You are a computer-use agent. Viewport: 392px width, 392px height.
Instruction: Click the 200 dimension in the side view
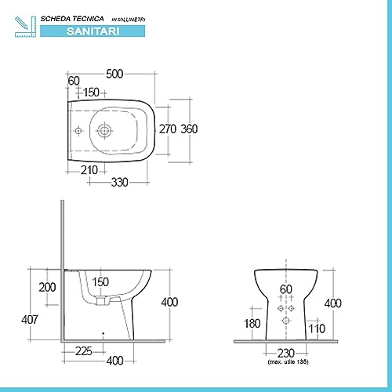coord(47,287)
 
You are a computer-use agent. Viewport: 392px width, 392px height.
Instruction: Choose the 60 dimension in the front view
coord(286,289)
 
